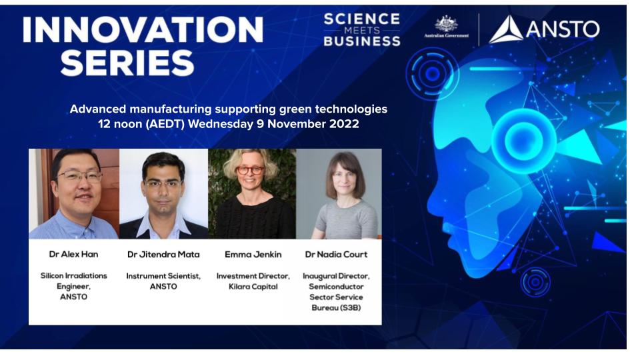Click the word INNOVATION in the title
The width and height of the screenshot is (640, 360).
click(143, 30)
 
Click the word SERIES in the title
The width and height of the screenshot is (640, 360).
click(127, 63)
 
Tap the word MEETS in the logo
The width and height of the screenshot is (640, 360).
click(361, 30)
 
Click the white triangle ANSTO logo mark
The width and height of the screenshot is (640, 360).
click(506, 29)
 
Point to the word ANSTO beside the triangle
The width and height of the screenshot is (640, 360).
click(563, 29)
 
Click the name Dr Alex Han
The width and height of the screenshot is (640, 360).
click(73, 254)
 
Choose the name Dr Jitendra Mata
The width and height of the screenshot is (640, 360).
click(163, 255)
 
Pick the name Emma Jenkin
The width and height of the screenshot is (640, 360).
click(253, 255)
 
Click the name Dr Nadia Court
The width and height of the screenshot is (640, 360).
click(336, 254)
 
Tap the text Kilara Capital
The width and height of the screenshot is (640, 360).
click(253, 287)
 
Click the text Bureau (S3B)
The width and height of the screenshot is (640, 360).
click(336, 308)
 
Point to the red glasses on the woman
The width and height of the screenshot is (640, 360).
click(250, 170)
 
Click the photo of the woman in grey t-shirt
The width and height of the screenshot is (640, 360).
click(339, 194)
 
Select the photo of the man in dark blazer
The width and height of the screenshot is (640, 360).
click(164, 194)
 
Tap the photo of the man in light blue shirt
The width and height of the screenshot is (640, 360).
click(74, 194)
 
